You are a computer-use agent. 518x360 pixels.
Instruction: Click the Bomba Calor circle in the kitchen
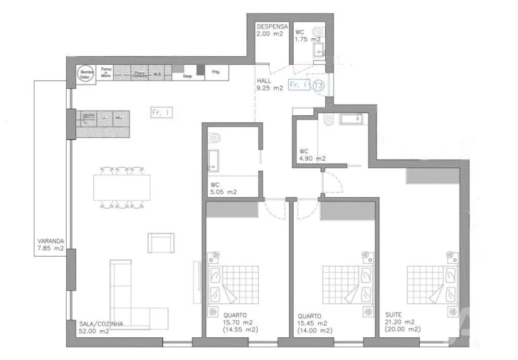tap(87, 74)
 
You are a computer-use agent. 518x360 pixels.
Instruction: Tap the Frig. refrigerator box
tap(216, 72)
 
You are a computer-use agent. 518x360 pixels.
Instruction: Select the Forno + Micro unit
tap(107, 71)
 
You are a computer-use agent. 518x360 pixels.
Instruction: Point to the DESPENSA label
tap(272, 25)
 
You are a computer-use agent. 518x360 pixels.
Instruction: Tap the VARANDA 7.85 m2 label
tap(51, 245)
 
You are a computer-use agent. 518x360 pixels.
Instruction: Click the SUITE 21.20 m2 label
tap(403, 322)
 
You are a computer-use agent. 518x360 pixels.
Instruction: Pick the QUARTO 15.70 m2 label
tap(238, 323)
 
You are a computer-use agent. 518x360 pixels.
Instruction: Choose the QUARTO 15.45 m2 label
tap(313, 323)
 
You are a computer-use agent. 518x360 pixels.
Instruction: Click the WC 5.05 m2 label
tap(223, 188)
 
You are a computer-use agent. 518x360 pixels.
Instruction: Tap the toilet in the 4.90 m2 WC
tap(328, 122)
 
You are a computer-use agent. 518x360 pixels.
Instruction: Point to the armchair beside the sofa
tap(161, 242)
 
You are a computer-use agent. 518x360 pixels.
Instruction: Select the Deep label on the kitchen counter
tap(188, 75)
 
